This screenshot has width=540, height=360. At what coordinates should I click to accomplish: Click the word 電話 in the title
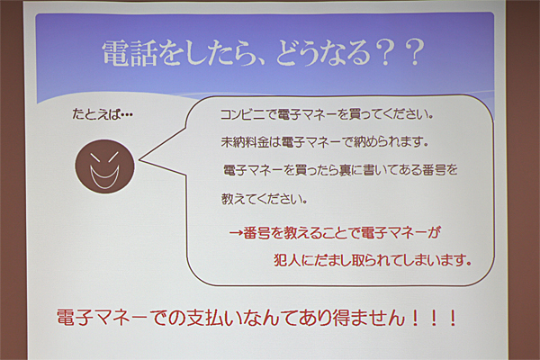(130, 53)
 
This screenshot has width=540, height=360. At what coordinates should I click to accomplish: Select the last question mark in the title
(412, 53)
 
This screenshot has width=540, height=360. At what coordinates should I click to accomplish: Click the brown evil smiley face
(104, 166)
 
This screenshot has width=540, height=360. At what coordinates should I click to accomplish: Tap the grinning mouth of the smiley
(104, 176)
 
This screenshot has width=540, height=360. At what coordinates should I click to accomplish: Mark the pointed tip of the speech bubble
(139, 160)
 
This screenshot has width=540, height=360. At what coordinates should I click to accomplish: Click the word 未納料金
(244, 142)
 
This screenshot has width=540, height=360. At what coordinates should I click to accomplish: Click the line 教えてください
(264, 199)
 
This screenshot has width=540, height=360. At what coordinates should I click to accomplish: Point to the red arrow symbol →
(236, 233)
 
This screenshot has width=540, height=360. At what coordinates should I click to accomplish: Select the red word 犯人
(287, 260)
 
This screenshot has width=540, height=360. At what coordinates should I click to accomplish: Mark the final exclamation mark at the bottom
(453, 318)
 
